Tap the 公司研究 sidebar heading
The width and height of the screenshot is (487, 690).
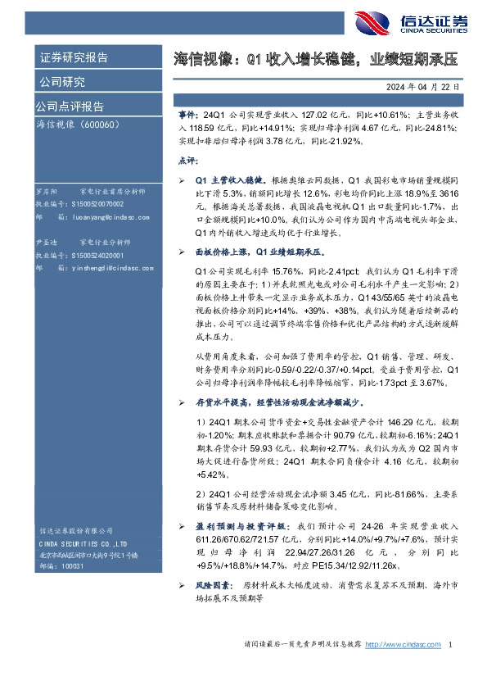[x=62, y=82]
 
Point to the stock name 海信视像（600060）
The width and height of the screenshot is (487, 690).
[x=79, y=125]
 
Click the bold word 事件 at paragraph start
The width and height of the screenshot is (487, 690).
[x=187, y=117]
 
